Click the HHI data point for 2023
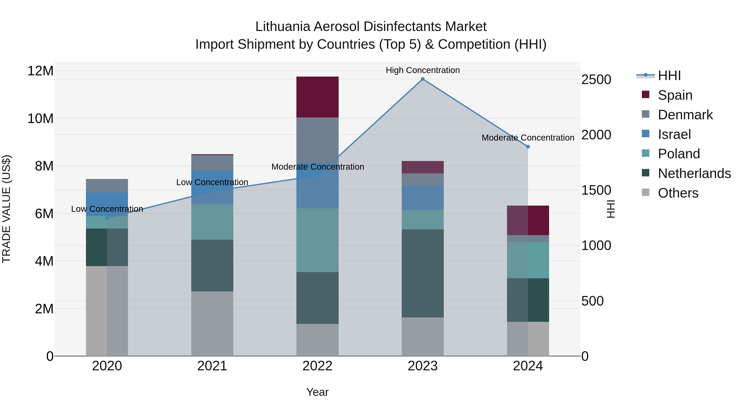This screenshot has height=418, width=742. pos(423,79)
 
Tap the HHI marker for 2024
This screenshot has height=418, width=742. pos(528,147)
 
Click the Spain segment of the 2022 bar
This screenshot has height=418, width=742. pos(317,97)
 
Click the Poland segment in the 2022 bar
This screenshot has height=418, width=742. pos(317,240)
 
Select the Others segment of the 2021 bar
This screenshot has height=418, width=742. pos(212,323)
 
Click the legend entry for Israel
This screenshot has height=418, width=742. pos(674,134)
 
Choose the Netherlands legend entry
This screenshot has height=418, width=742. pos(694,173)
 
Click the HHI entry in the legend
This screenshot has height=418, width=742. pos(669,76)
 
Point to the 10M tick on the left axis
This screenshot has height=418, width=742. pos(40,118)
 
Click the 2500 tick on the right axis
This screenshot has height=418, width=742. pos(596,80)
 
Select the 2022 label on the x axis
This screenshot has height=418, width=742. pos(317,366)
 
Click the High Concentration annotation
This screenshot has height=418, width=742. pos(423,70)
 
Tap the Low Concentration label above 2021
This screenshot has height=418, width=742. pos(212,182)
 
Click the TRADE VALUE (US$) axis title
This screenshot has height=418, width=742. pos(6,209)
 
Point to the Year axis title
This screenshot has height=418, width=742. pos(317,392)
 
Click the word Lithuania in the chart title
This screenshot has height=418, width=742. pos(283,27)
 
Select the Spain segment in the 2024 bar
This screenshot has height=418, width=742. pos(528,220)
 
